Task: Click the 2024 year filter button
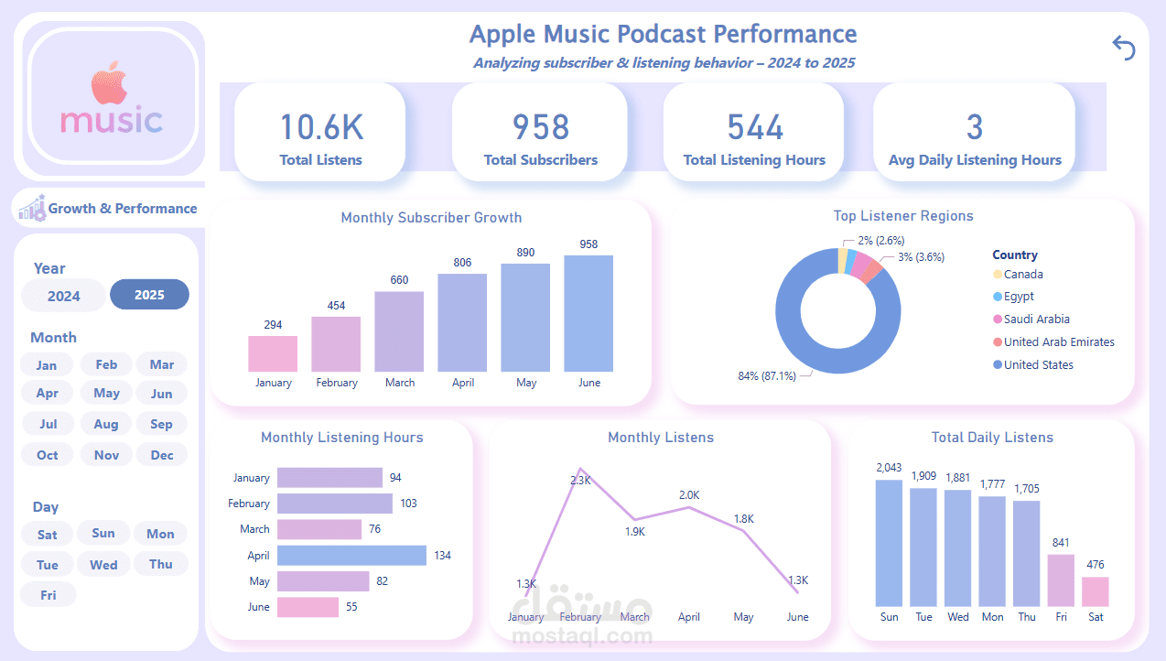pyautogui.click(x=63, y=296)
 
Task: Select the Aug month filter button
pyautogui.click(x=106, y=424)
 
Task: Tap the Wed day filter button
pyautogui.click(x=103, y=565)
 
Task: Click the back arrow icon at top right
pyautogui.click(x=1123, y=48)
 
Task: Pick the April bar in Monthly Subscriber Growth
pyautogui.click(x=463, y=322)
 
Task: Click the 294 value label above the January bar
pyautogui.click(x=273, y=325)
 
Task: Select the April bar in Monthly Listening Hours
pyautogui.click(x=351, y=556)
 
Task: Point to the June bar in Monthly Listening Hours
pyautogui.click(x=308, y=607)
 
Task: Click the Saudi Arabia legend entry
pyautogui.click(x=1036, y=320)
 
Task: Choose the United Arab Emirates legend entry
pyautogui.click(x=1058, y=342)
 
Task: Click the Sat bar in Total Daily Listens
pyautogui.click(x=1096, y=591)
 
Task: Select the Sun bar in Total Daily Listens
pyautogui.click(x=889, y=543)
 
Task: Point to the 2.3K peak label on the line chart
pyautogui.click(x=581, y=481)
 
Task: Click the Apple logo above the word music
pyautogui.click(x=109, y=83)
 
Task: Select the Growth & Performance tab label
pyautogui.click(x=123, y=209)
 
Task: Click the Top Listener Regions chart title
pyautogui.click(x=902, y=217)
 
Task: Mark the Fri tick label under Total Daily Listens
pyautogui.click(x=1061, y=617)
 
